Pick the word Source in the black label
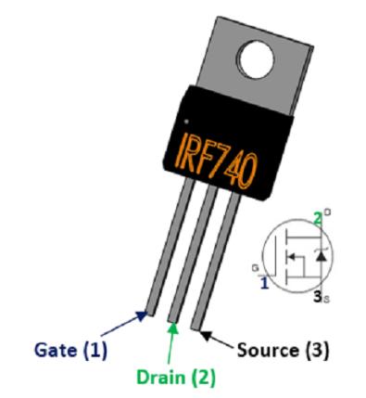coord(264,351)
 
